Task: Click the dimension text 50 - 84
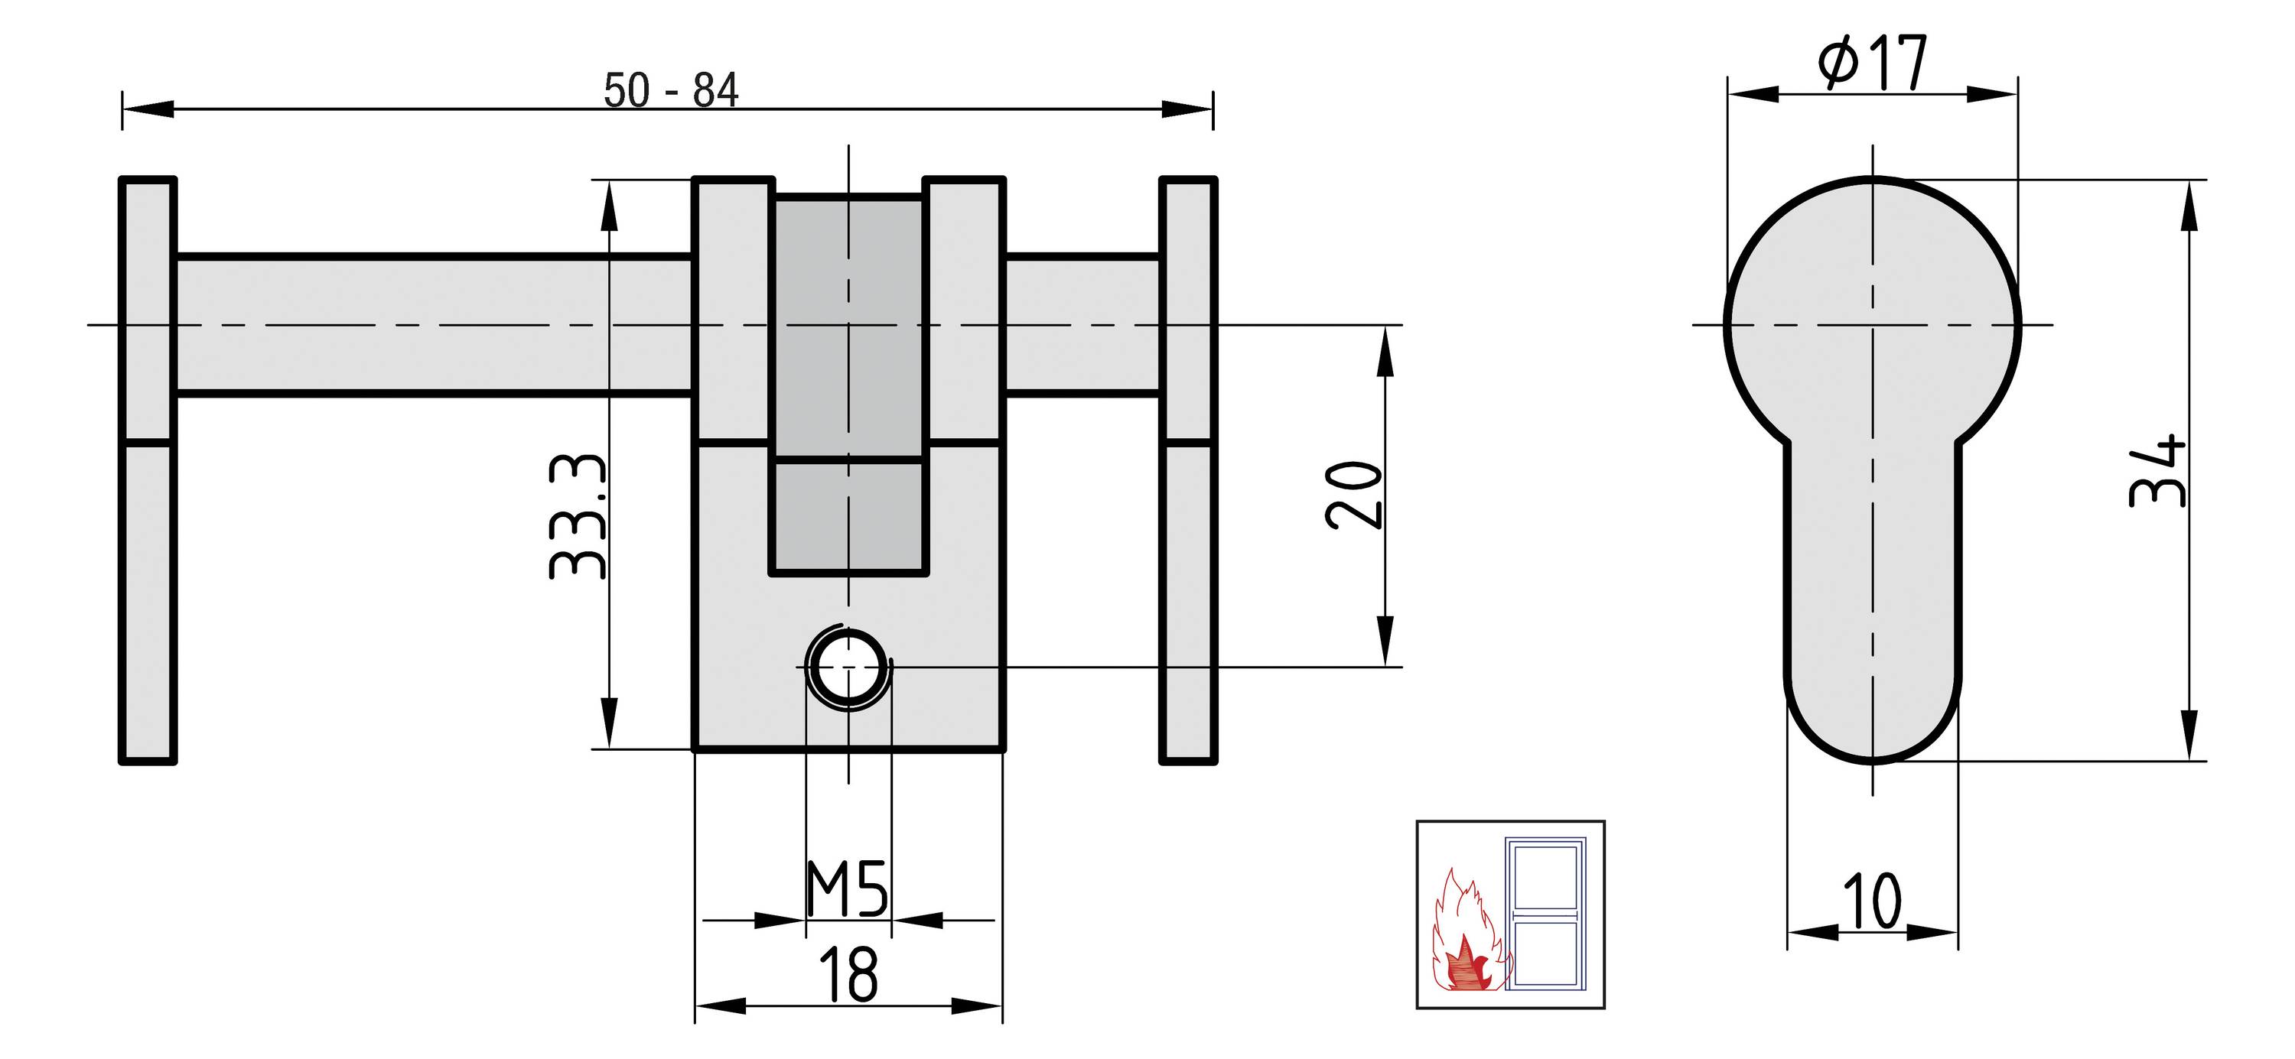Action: (671, 91)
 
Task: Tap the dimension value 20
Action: (1353, 495)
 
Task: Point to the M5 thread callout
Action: (846, 889)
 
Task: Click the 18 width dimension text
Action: (848, 976)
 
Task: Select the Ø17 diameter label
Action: (1872, 63)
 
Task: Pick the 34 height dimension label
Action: (2157, 472)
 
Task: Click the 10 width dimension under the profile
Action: (1871, 902)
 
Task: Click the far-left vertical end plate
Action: (148, 470)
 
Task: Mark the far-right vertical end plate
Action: (1187, 470)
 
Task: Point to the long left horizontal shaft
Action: (434, 325)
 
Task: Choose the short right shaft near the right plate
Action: (1082, 325)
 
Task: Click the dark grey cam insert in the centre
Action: (848, 383)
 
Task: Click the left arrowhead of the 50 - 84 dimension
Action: (147, 109)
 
